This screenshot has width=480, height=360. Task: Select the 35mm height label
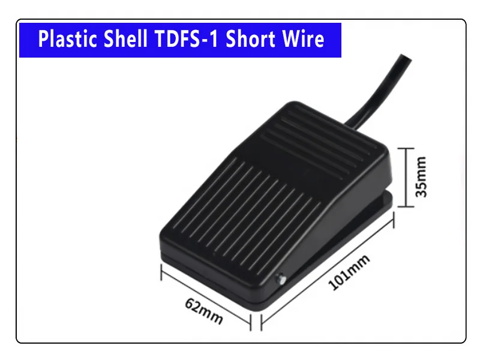click(x=421, y=177)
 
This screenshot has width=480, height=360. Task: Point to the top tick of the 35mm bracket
click(x=406, y=148)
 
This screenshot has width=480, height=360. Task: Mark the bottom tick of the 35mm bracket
click(x=406, y=206)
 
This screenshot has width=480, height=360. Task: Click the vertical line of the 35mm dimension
click(x=406, y=177)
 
